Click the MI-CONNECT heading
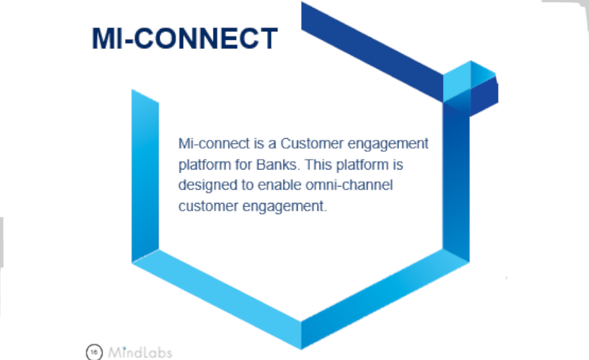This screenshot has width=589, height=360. coord(185,39)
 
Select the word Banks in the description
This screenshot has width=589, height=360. coord(278,164)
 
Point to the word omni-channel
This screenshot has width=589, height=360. coord(349,185)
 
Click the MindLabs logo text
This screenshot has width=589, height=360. coord(140,353)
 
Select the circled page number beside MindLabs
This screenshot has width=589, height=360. coord(94,352)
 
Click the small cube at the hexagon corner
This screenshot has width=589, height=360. coord(471,88)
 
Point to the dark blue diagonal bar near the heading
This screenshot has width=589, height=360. coord(372,52)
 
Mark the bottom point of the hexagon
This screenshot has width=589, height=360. coord(301,349)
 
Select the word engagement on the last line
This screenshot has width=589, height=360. coord(285,207)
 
